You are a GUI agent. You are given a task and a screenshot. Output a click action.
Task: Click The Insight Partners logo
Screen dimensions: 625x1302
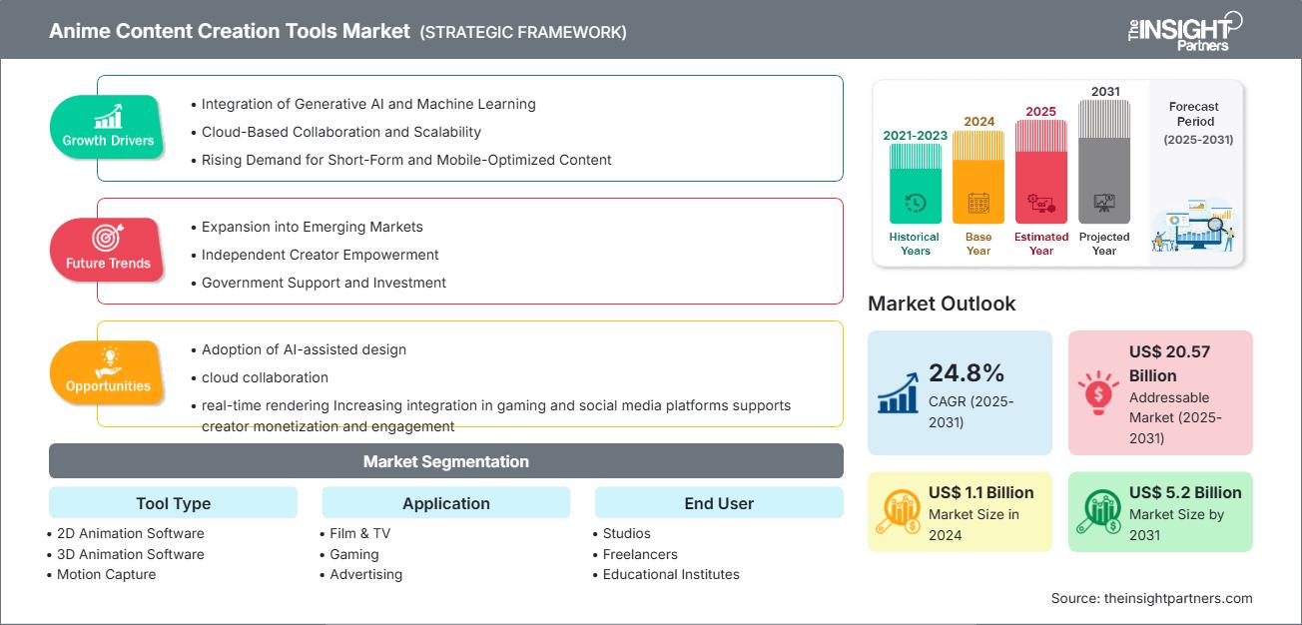tap(1184, 30)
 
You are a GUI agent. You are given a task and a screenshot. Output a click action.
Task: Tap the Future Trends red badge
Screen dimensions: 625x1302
tap(107, 250)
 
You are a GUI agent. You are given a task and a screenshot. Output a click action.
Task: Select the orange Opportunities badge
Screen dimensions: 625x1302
tap(107, 372)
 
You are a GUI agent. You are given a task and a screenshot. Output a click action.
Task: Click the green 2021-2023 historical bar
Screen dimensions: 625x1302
tap(915, 183)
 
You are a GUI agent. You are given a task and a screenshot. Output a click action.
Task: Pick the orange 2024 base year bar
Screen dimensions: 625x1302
tap(978, 177)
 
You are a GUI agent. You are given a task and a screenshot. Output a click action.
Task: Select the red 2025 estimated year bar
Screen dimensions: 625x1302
tap(1041, 171)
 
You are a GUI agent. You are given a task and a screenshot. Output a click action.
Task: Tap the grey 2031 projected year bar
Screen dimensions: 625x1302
tap(1104, 161)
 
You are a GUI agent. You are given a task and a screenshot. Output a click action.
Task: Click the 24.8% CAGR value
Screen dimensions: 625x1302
tap(967, 373)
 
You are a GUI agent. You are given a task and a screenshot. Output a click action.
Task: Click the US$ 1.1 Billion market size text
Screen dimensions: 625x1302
tap(981, 492)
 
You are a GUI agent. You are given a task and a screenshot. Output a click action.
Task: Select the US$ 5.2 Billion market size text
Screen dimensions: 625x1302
tap(1185, 492)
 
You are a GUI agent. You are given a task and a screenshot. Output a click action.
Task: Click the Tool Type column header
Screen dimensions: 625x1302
tap(173, 503)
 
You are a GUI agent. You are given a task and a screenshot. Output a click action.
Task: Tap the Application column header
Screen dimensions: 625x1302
tap(445, 503)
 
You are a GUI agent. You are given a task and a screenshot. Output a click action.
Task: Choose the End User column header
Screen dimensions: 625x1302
tap(719, 503)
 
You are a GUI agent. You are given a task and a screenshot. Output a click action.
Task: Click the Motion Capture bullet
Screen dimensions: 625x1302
tap(106, 574)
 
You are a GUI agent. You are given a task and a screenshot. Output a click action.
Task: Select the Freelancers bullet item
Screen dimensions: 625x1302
tap(640, 554)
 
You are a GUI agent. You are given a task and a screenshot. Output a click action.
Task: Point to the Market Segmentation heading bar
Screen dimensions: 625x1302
tap(445, 461)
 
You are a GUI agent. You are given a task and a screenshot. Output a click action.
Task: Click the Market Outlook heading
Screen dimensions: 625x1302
tap(942, 304)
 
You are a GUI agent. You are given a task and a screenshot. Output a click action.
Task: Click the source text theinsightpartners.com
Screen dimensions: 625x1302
tap(1151, 598)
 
